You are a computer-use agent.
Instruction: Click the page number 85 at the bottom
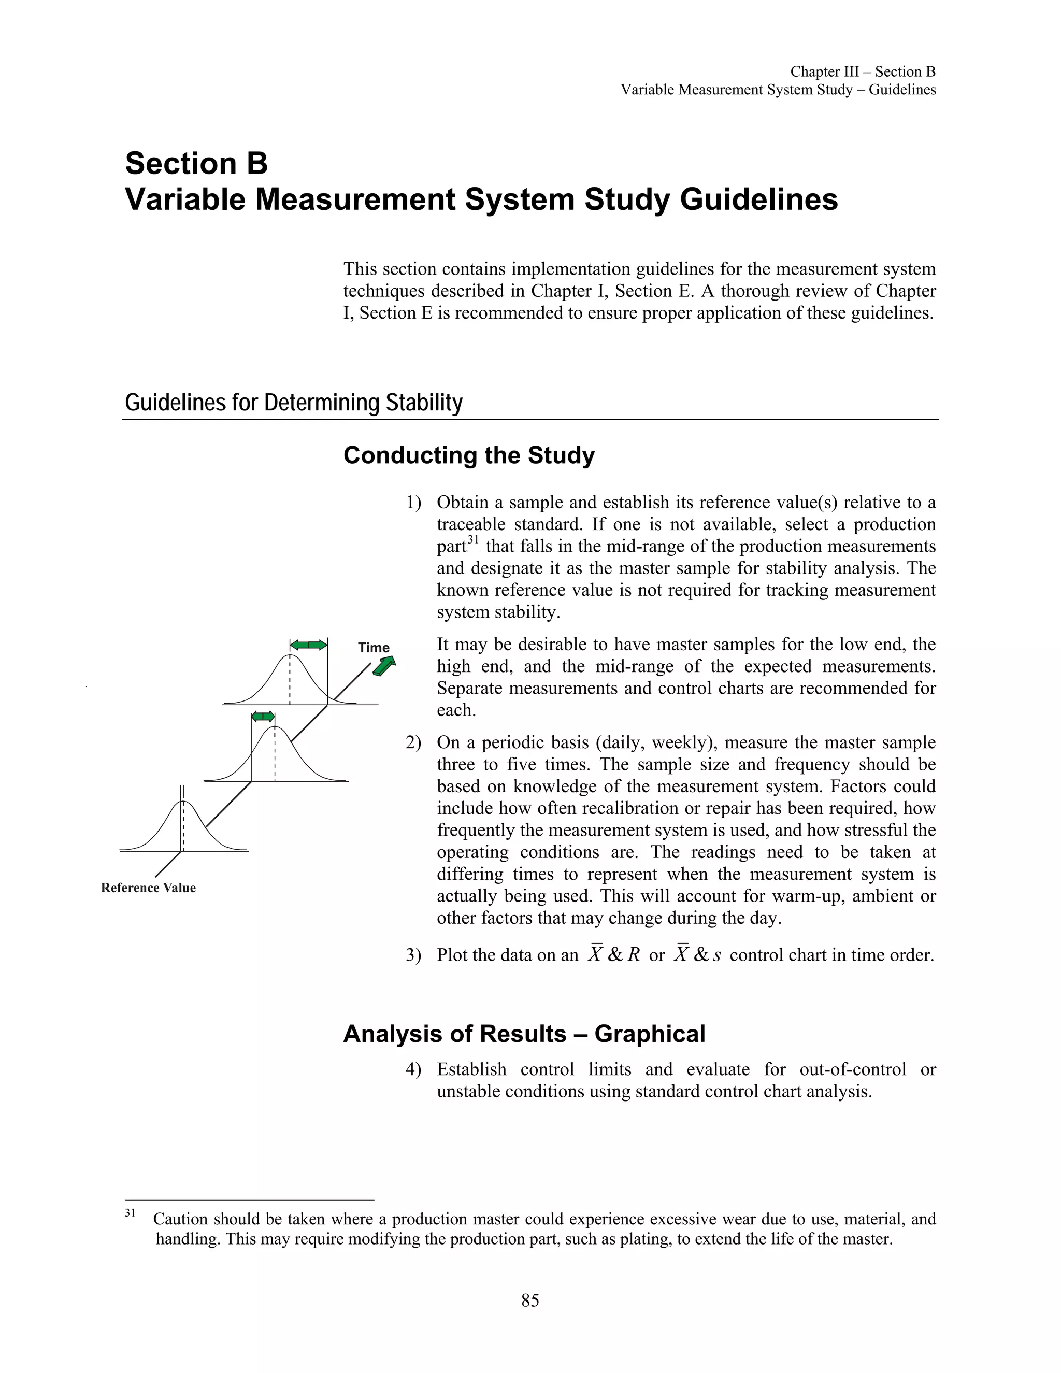[x=530, y=1300]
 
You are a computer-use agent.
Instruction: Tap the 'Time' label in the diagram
[x=374, y=648]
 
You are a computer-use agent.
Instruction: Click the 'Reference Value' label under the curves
[x=148, y=888]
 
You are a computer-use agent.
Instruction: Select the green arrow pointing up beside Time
[x=384, y=666]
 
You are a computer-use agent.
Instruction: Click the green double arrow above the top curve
[x=308, y=645]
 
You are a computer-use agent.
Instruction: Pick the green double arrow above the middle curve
[x=263, y=717]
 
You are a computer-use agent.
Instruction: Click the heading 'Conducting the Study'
[x=468, y=455]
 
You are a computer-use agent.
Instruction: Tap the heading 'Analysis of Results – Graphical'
[x=524, y=1034]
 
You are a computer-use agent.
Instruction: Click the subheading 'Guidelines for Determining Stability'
[x=294, y=403]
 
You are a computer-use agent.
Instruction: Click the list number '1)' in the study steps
[x=413, y=503]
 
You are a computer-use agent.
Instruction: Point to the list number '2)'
[x=413, y=743]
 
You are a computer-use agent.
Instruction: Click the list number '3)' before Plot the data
[x=413, y=955]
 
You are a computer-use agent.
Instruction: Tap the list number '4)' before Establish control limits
[x=413, y=1069]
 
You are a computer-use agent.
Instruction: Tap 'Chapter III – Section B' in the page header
[x=863, y=71]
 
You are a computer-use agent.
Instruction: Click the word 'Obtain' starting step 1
[x=463, y=503]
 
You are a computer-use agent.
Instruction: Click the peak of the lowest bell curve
[x=182, y=802]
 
